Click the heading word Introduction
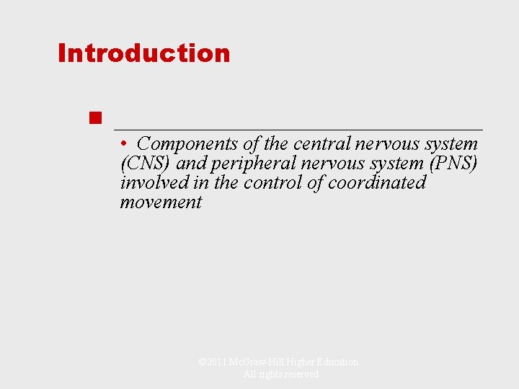coord(144,53)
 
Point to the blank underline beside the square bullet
coord(298,128)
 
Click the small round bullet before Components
coord(125,143)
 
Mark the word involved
coord(151,183)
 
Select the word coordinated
coord(377,183)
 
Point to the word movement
coord(161,202)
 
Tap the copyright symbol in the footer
coord(202,362)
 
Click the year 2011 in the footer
coord(216,362)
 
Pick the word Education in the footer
coord(337,362)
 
